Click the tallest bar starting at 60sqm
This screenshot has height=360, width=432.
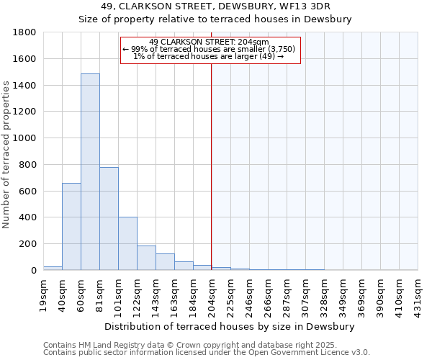90,172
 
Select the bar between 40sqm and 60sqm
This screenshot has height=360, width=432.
71,227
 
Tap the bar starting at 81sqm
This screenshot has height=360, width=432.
109,219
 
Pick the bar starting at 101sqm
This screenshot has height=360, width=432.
127,243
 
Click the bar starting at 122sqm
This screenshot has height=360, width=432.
146,258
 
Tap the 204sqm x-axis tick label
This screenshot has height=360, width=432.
212,295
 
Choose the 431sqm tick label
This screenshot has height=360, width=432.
418,295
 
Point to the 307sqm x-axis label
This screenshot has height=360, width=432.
305,295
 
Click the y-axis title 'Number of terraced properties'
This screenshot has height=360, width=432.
6,155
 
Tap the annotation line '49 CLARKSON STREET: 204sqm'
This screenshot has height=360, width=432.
209,42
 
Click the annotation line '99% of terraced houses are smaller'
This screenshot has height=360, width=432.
209,49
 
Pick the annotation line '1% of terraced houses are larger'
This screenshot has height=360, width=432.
209,56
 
